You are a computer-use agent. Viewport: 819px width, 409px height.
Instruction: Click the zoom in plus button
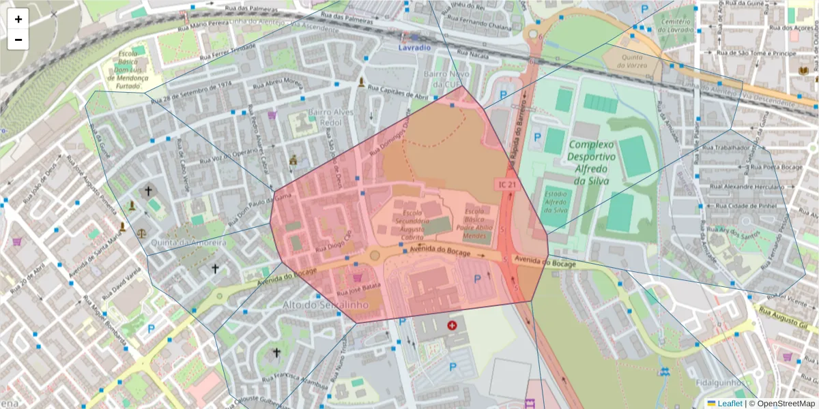pyautogui.click(x=18, y=19)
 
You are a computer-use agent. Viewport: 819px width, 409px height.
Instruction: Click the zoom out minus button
pyautogui.click(x=18, y=40)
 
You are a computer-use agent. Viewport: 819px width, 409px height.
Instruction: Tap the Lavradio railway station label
pyautogui.click(x=414, y=48)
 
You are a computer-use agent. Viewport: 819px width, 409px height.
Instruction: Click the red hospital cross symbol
pyautogui.click(x=452, y=326)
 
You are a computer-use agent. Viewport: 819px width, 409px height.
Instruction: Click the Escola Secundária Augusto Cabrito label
pyautogui.click(x=412, y=217)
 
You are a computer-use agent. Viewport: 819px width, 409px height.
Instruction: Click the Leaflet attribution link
pyautogui.click(x=730, y=404)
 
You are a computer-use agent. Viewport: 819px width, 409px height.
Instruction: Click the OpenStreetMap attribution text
pyautogui.click(x=782, y=404)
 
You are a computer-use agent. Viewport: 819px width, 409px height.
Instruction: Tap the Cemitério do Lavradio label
pyautogui.click(x=676, y=26)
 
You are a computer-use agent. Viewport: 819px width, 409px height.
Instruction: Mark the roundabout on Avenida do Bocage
pyautogui.click(x=374, y=256)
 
